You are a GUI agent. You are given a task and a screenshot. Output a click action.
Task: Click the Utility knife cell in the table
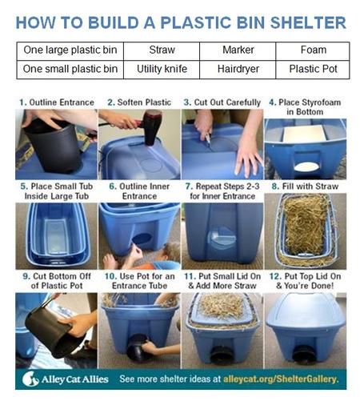(x=162, y=70)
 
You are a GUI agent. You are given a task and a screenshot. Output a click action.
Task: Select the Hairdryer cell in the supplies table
(x=238, y=70)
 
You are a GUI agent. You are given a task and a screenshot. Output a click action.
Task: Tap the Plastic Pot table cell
(x=313, y=70)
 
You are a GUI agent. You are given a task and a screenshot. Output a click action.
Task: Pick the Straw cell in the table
(x=162, y=50)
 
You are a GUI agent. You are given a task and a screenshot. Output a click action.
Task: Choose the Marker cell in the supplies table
(x=238, y=50)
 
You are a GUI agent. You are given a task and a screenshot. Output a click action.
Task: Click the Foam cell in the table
(x=313, y=50)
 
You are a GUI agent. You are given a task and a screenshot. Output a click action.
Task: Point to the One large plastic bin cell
(x=70, y=50)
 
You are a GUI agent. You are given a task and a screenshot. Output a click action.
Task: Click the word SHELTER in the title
(x=308, y=22)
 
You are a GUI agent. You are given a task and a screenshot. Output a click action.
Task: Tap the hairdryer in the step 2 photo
(x=150, y=126)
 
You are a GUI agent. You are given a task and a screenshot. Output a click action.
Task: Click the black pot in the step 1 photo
(x=54, y=146)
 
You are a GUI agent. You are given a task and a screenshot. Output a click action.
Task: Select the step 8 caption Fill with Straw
(x=310, y=186)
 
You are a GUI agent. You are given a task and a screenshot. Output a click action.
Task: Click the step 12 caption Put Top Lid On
(x=313, y=276)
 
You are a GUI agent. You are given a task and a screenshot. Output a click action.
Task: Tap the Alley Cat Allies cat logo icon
(x=30, y=379)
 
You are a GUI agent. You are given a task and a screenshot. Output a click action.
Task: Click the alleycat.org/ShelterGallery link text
(x=281, y=379)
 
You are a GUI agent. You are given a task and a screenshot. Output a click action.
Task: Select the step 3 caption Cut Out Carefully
(x=227, y=102)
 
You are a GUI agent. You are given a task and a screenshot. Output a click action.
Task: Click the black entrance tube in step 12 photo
(x=304, y=355)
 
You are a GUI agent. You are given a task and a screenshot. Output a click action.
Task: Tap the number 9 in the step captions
(x=26, y=276)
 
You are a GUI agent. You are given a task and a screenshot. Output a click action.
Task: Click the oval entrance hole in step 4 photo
(x=306, y=166)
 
